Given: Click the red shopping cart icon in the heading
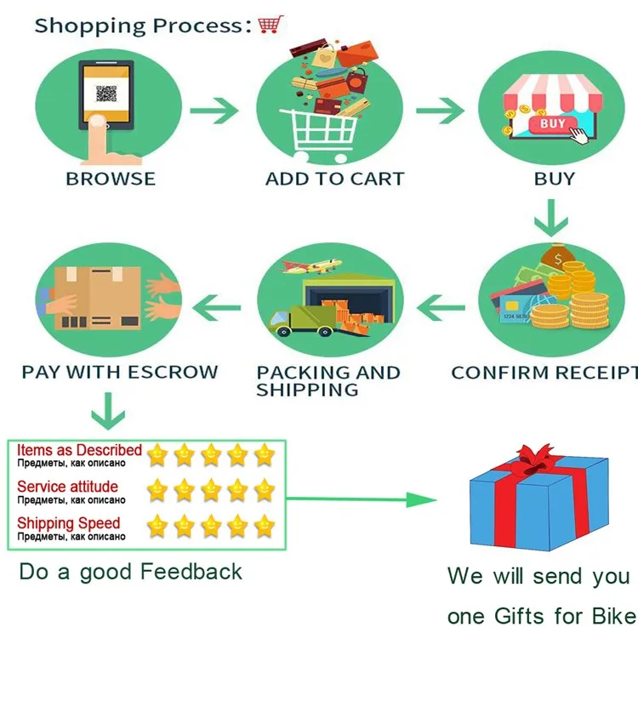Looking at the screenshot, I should pyautogui.click(x=270, y=25).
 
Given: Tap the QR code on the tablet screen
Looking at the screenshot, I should pyautogui.click(x=105, y=94).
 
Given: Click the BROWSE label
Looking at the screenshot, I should pyautogui.click(x=111, y=179).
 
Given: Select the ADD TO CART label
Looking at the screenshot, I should pyautogui.click(x=334, y=179).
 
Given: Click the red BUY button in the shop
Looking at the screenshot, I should pyautogui.click(x=551, y=125).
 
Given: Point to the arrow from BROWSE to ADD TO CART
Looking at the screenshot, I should pyautogui.click(x=214, y=110).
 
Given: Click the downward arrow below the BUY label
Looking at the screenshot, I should pyautogui.click(x=551, y=217).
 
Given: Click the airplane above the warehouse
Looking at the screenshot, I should pyautogui.click(x=310, y=265).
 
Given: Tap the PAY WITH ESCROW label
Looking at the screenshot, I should pyautogui.click(x=120, y=372).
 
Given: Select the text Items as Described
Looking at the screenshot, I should pyautogui.click(x=79, y=450).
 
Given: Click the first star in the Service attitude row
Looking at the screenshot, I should pyautogui.click(x=157, y=490).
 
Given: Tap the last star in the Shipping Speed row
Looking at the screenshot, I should pyautogui.click(x=265, y=526).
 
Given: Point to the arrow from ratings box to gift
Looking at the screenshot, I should pyautogui.click(x=362, y=499).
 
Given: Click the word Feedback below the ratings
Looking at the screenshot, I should pyautogui.click(x=191, y=572).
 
